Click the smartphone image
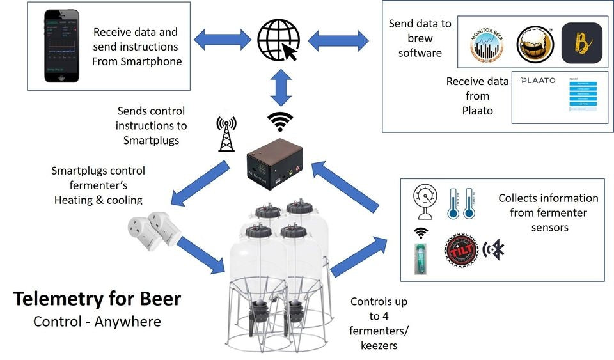[x=62, y=45]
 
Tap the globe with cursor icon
[x=278, y=40]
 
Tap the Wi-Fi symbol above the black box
[x=280, y=121]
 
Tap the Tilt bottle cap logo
[x=462, y=250]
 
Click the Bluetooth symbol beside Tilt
[x=495, y=249]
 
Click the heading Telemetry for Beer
[x=97, y=299]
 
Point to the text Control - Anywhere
[x=97, y=321]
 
